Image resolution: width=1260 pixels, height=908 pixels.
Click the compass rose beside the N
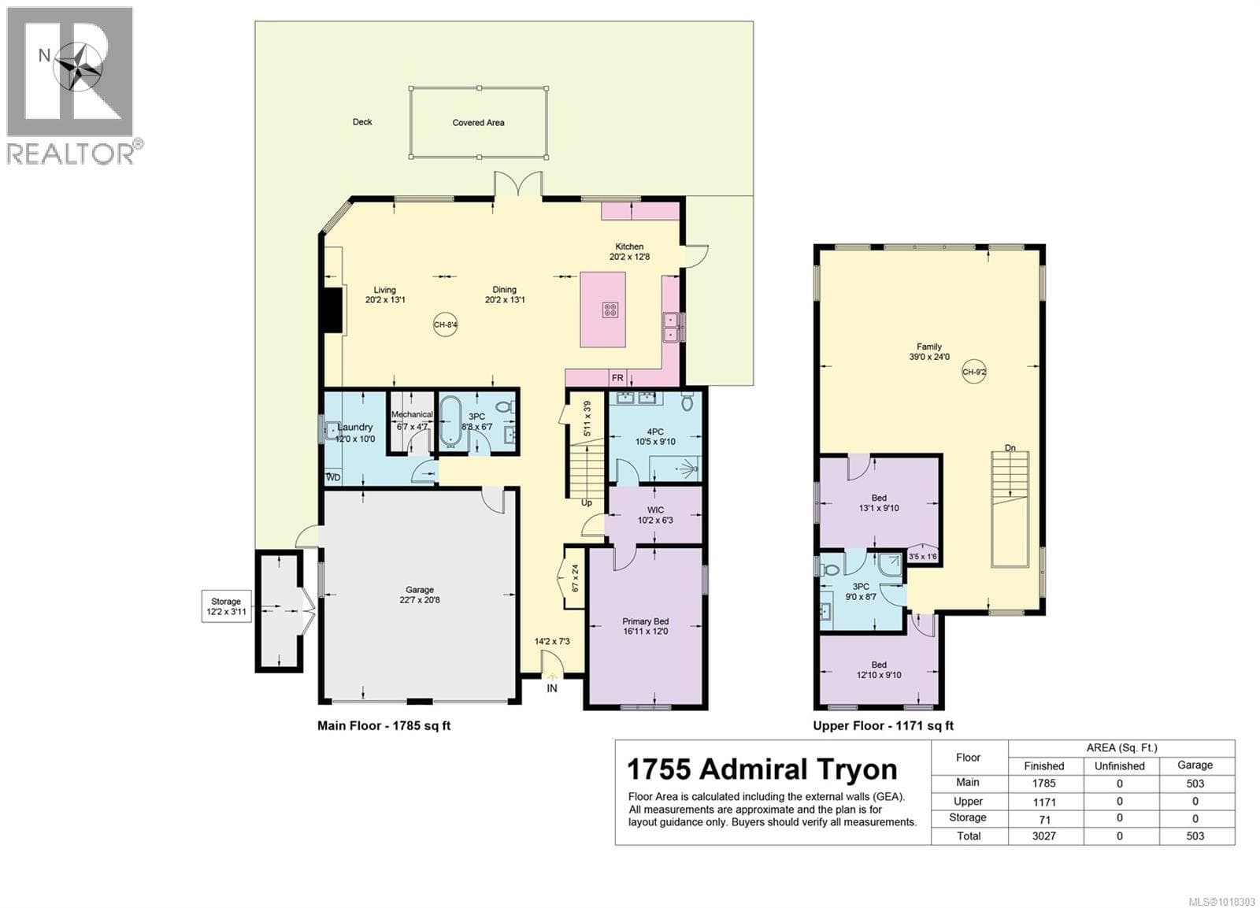tap(78, 66)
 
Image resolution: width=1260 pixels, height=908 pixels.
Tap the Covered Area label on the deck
tap(478, 122)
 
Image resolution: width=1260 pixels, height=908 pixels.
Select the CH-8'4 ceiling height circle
tap(445, 324)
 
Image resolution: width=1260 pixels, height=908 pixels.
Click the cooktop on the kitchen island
tap(610, 309)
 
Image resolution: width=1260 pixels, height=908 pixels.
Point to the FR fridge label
tap(617, 379)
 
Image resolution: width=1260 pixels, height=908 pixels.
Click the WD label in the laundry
tap(333, 477)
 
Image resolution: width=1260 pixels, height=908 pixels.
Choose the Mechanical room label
tap(412, 414)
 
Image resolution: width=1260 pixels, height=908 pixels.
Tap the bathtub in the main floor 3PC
tap(450, 422)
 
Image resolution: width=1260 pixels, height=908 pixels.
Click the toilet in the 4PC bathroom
tap(687, 402)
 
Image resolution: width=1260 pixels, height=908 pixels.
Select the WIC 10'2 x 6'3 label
tap(655, 515)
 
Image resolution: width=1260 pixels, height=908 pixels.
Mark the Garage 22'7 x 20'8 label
tap(420, 595)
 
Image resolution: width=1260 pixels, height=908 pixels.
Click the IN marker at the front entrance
tap(552, 688)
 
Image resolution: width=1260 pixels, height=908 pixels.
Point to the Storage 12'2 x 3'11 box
tap(226, 606)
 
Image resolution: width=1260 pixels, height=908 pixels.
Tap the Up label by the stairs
tap(587, 503)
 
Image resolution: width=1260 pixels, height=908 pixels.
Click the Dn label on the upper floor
tap(1010, 448)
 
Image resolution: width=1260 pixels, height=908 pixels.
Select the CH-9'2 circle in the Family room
tap(974, 372)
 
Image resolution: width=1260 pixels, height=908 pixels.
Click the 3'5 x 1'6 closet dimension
tap(922, 557)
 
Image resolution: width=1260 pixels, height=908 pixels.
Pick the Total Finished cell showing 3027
tap(1044, 836)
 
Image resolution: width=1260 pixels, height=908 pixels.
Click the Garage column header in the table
tap(1195, 765)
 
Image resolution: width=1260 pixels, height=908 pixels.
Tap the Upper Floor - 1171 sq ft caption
tap(883, 726)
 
